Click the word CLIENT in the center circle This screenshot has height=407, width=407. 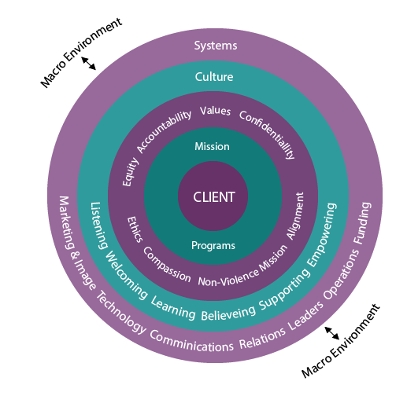(x=214, y=197)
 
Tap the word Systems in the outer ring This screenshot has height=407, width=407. (x=216, y=46)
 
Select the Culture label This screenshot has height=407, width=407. (x=214, y=77)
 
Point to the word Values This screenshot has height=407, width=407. (x=215, y=111)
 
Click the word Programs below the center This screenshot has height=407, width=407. (x=213, y=246)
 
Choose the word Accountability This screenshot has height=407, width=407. (x=164, y=131)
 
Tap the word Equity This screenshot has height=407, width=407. (x=131, y=172)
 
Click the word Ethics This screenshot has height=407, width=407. (x=135, y=229)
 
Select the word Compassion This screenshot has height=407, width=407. (x=167, y=265)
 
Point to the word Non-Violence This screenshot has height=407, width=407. (x=228, y=278)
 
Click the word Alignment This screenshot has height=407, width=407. (x=295, y=216)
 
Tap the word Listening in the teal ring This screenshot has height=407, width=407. (x=99, y=225)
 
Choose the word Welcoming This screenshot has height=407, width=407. (x=126, y=275)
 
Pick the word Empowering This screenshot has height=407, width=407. (x=321, y=235)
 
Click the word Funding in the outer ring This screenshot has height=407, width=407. (x=362, y=223)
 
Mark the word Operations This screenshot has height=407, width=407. (x=341, y=274)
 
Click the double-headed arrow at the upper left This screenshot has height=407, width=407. (x=89, y=64)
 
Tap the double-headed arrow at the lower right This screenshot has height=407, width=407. (x=332, y=333)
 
